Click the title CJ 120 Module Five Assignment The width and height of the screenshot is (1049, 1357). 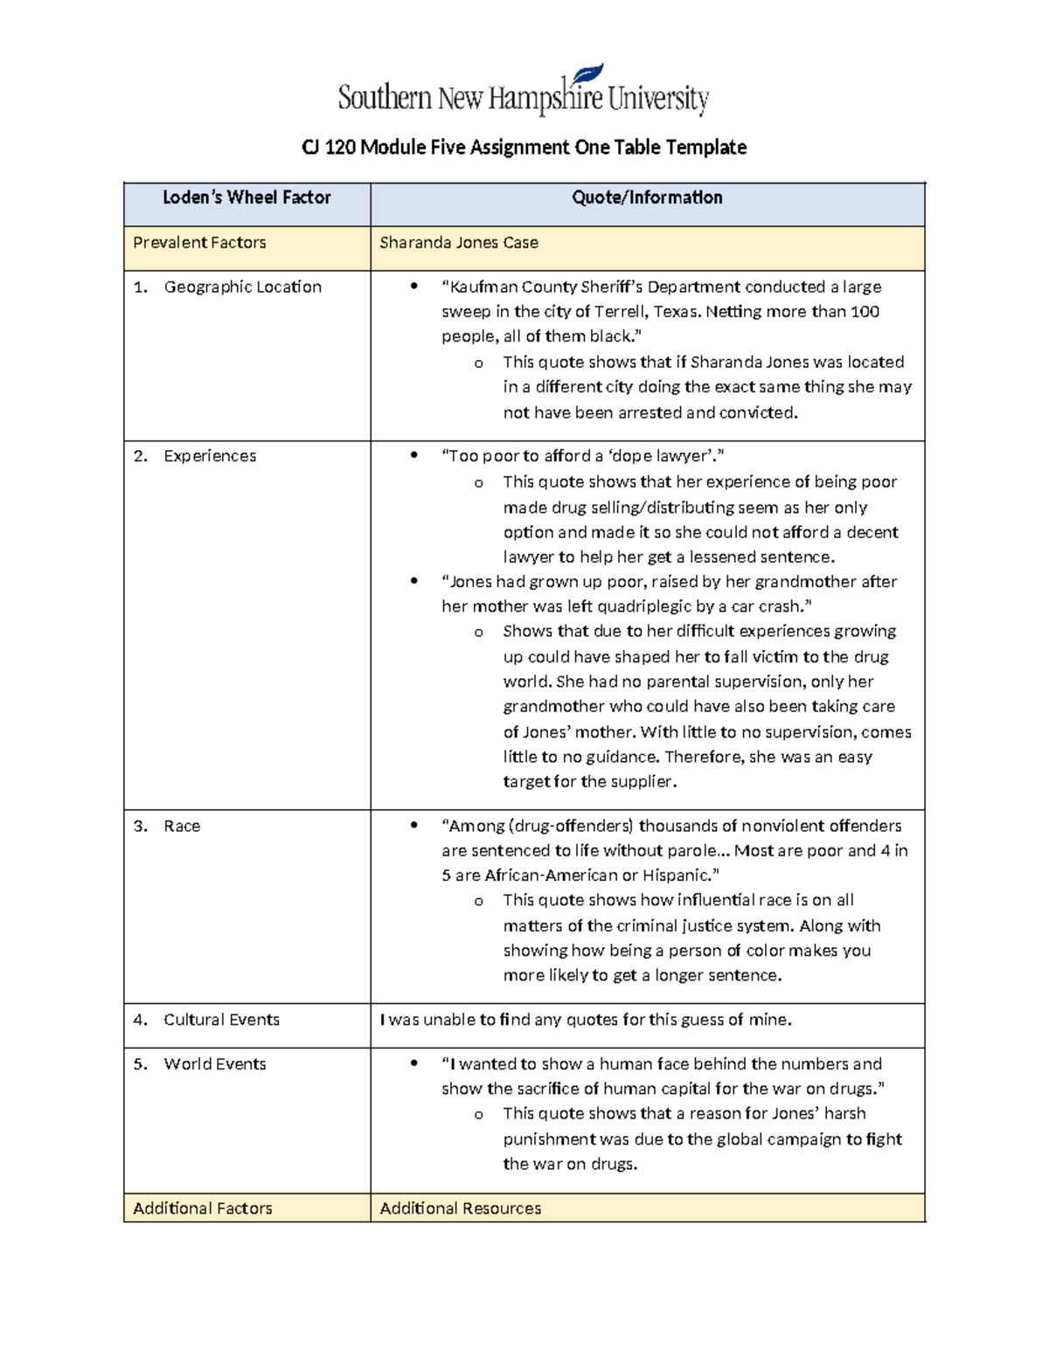click(x=524, y=147)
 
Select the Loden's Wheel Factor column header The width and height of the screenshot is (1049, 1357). click(x=247, y=198)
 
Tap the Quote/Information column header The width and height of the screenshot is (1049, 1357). click(x=647, y=198)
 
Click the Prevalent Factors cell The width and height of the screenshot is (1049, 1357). click(x=199, y=243)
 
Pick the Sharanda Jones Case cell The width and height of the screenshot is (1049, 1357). click(x=459, y=243)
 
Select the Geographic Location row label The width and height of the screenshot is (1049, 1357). click(x=242, y=287)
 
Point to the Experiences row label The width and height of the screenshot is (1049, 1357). click(x=210, y=456)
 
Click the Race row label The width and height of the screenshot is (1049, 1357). click(x=182, y=827)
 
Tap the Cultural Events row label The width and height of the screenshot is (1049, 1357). click(x=221, y=1020)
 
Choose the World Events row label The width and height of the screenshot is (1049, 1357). click(x=215, y=1064)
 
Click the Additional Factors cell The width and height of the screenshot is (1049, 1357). click(x=203, y=1208)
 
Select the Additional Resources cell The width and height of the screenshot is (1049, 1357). click(x=461, y=1208)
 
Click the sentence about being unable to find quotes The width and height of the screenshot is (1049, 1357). click(x=586, y=1020)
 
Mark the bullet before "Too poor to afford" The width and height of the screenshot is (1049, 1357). click(x=414, y=456)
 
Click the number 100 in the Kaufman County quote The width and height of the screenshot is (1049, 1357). click(x=865, y=312)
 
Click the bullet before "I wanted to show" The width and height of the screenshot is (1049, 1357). click(x=414, y=1064)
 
